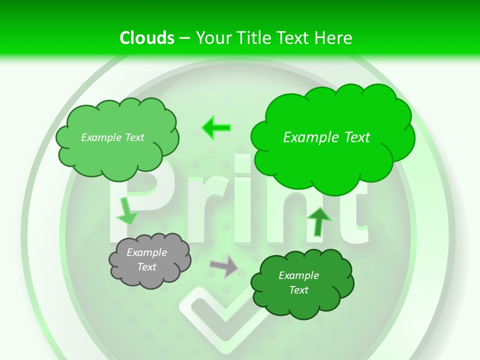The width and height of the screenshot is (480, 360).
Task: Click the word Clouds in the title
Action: coord(147,38)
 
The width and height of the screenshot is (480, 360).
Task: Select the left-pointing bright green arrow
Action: coord(215,127)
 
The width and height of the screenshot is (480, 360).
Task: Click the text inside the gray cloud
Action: coord(147,260)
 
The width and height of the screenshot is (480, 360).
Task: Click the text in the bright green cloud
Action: coord(326,137)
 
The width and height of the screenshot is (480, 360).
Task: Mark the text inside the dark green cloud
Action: coord(298,282)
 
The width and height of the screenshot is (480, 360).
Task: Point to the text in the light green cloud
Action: coord(112,137)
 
